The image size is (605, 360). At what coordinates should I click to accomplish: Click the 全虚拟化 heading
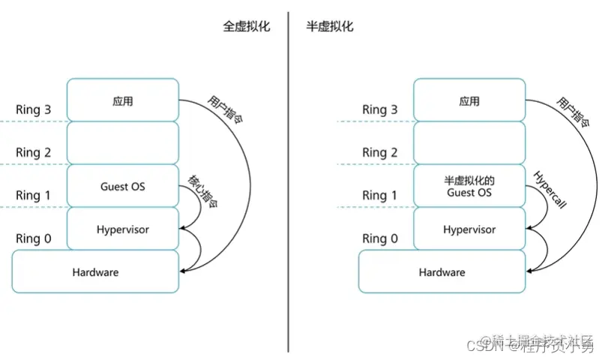click(246, 26)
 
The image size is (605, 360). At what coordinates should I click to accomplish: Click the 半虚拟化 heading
click(330, 26)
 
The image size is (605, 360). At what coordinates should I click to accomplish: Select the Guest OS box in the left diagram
click(123, 186)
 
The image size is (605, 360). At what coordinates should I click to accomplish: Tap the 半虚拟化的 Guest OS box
click(469, 186)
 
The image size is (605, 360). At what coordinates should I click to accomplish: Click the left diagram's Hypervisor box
click(123, 229)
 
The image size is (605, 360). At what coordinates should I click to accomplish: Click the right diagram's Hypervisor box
click(469, 229)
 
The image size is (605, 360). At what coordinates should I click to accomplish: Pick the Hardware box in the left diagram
click(95, 271)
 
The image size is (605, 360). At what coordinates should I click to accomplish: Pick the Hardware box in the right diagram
click(442, 271)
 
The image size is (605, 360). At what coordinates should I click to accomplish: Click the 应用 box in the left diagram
click(123, 100)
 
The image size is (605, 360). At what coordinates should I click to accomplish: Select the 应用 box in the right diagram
click(469, 100)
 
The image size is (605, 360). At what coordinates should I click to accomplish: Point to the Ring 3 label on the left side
click(33, 109)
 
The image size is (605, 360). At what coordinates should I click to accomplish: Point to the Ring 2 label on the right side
click(379, 152)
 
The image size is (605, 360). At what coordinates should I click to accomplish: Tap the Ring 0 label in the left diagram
click(33, 238)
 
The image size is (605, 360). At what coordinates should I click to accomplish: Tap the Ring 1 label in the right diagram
click(379, 195)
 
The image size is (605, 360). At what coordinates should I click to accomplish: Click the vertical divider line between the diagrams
click(288, 180)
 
